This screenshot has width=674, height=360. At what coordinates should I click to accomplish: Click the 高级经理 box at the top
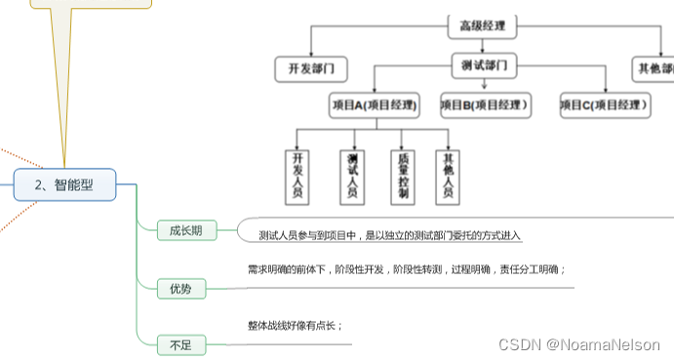[482, 27]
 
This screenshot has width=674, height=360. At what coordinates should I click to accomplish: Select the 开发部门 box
[311, 69]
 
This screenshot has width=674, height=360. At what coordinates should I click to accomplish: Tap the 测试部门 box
[483, 66]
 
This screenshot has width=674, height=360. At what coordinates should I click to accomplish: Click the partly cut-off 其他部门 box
[654, 69]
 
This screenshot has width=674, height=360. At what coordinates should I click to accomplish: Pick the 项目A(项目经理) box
[375, 104]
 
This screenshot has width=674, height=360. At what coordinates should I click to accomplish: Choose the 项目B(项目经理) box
[485, 104]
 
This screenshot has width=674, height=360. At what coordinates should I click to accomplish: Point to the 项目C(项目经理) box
[605, 104]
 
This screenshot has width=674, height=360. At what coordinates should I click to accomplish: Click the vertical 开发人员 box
[299, 176]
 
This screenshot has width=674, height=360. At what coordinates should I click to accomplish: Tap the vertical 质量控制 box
[403, 176]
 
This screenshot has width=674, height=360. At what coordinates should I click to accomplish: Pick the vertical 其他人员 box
[448, 176]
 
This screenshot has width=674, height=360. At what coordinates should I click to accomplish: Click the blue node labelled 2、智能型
[64, 184]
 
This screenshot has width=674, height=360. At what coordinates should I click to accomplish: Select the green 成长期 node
[185, 231]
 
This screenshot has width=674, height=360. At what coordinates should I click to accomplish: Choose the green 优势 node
[180, 288]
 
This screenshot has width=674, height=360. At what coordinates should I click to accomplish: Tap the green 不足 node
[180, 343]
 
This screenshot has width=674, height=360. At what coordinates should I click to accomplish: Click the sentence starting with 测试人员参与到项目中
[390, 235]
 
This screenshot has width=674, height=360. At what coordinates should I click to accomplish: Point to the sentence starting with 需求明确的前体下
[406, 269]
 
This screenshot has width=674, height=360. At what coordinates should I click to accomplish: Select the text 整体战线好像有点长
[295, 326]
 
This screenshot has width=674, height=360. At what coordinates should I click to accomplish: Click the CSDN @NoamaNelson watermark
[579, 344]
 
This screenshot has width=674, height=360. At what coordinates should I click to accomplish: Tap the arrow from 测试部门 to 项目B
[484, 86]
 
